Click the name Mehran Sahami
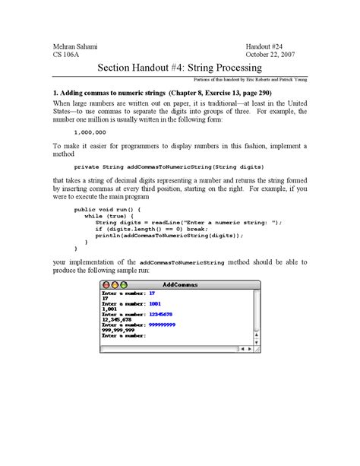[75, 46]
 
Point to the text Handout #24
[265, 46]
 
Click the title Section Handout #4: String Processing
[179, 68]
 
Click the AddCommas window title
[180, 284]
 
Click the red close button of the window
[106, 284]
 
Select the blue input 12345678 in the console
[161, 313]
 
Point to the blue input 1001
[155, 303]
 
